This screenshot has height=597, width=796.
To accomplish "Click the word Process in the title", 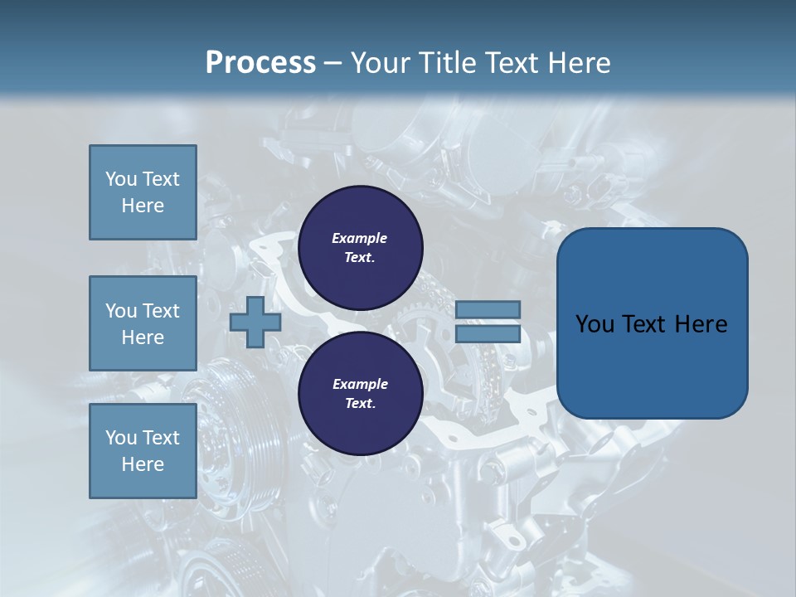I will [260, 63].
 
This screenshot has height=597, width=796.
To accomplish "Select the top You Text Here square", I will [143, 192].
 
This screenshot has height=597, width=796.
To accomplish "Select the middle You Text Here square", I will [143, 323].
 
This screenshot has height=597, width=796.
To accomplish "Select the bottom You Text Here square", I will [143, 450].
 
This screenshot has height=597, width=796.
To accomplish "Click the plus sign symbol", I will [255, 323].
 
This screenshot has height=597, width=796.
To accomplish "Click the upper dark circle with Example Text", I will [360, 248].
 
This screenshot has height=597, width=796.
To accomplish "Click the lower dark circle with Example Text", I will [360, 394].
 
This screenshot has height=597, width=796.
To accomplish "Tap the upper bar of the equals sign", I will [488, 309].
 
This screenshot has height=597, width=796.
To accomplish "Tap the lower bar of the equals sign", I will [488, 333].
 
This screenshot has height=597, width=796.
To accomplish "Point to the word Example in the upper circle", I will [360, 238].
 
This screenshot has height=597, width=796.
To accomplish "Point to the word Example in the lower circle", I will [360, 384].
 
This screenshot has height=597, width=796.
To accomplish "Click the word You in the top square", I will [120, 179].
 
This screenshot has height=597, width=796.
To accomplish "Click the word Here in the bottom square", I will [143, 464].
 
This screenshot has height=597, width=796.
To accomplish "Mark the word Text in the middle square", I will [161, 311].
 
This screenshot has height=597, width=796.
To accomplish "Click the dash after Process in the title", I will [333, 63].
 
